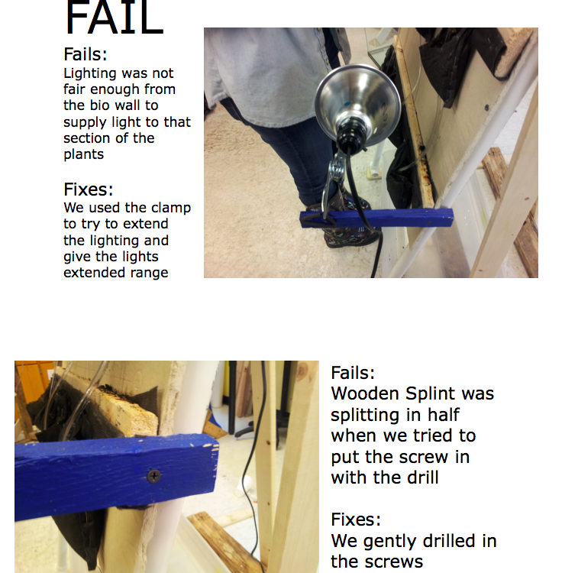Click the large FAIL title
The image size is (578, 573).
[x=114, y=18]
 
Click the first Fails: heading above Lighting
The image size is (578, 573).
[x=86, y=54]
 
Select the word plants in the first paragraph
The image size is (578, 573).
[x=84, y=154]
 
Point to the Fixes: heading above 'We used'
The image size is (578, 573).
[x=88, y=189]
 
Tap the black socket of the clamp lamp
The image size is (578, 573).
[x=352, y=138]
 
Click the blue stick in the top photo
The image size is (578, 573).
[x=376, y=218]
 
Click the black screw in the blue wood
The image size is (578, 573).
[x=153, y=476]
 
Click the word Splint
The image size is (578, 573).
[x=431, y=393]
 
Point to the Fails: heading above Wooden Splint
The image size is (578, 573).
[x=353, y=372]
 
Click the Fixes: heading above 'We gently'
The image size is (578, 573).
[x=356, y=520]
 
